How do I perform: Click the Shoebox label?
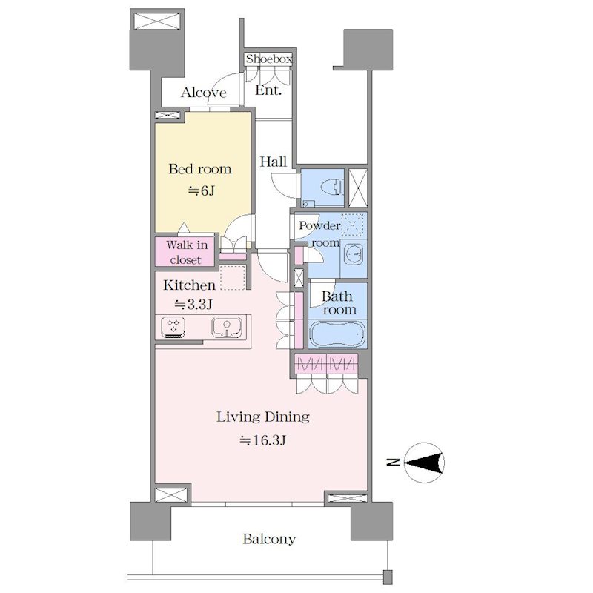[x=269, y=59]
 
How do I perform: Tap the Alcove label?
[x=203, y=93]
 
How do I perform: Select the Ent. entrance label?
[x=268, y=90]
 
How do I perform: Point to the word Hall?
[x=273, y=162]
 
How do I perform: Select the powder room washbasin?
[x=354, y=253]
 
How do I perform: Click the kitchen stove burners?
[x=173, y=327]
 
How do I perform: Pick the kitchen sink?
[x=227, y=327]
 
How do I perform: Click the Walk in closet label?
[x=187, y=252]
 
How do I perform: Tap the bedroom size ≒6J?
[x=202, y=191]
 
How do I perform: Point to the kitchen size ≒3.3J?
[x=193, y=304]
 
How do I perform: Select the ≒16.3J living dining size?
[x=263, y=440]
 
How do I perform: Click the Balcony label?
[x=269, y=539]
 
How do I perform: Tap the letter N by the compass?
[x=394, y=462]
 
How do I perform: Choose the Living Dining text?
[x=263, y=417]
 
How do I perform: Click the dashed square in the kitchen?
[x=233, y=277]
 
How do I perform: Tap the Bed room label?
[x=200, y=169]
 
